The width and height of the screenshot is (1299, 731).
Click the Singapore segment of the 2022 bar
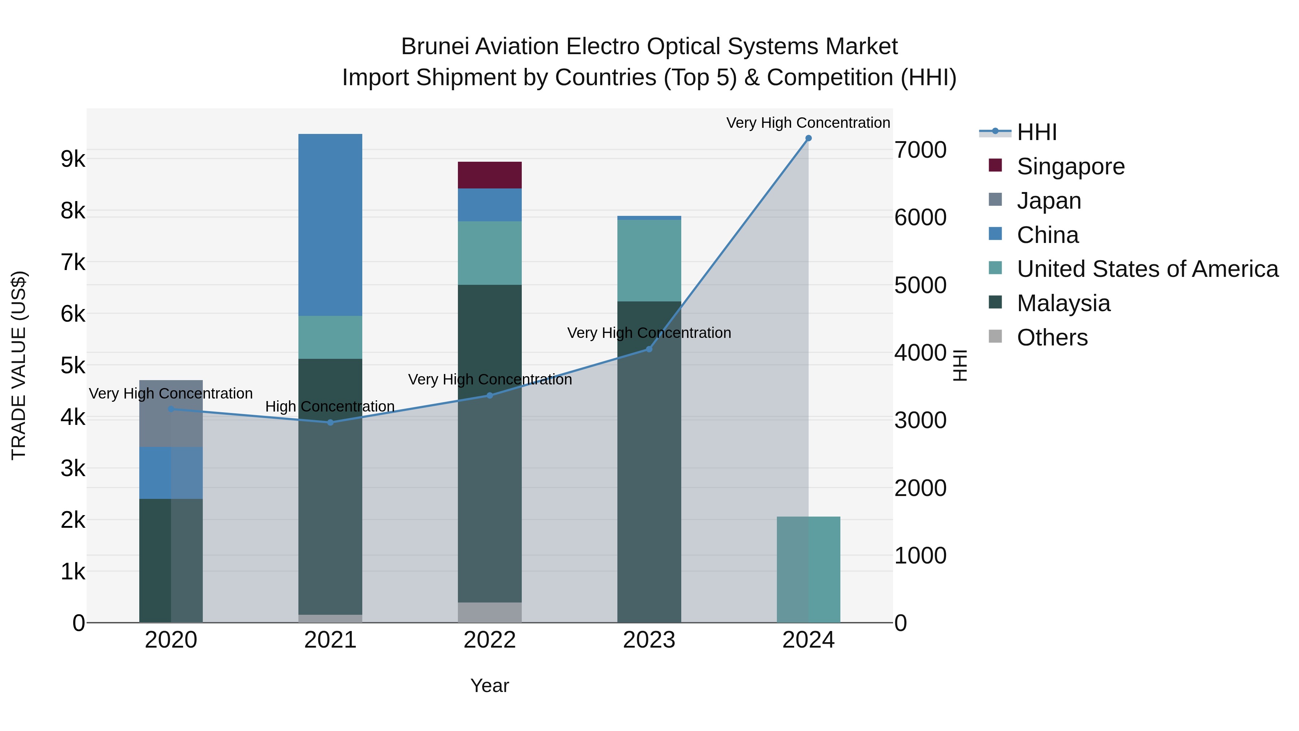click(x=489, y=175)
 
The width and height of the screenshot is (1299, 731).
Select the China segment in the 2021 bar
click(x=330, y=225)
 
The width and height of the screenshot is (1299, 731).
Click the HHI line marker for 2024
click(x=808, y=138)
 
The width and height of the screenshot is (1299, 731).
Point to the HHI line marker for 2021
click(x=330, y=422)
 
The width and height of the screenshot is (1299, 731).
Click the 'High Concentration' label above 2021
click(x=330, y=406)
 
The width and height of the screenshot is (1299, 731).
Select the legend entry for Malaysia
click(x=1063, y=303)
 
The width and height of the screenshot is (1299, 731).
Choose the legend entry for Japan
click(x=1049, y=201)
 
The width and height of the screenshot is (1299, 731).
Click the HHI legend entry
click(x=1036, y=132)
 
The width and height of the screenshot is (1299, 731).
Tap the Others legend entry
click(x=1052, y=338)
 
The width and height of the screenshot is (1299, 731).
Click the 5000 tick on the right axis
click(x=920, y=286)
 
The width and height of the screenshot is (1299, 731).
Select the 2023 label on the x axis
click(x=649, y=640)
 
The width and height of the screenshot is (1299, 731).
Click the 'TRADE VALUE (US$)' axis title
click(x=19, y=365)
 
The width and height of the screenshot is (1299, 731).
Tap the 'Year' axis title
click(x=489, y=686)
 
